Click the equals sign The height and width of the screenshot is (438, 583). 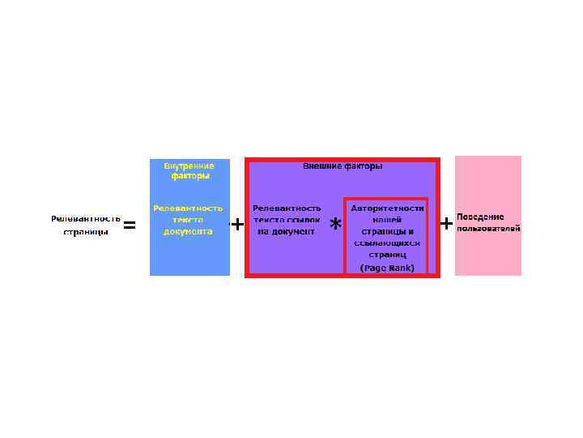[x=129, y=225]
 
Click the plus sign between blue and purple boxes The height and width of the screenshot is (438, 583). [x=237, y=224]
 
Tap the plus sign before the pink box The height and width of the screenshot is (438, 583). [x=445, y=222]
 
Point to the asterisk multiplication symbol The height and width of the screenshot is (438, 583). [x=335, y=225]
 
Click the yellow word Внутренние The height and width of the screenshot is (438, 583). [x=189, y=165]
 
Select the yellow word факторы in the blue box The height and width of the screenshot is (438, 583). [x=189, y=176]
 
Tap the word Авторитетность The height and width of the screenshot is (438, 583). [x=387, y=208]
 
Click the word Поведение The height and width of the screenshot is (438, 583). [x=480, y=217]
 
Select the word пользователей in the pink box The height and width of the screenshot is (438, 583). [x=488, y=229]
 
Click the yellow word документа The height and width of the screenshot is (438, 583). [x=188, y=231]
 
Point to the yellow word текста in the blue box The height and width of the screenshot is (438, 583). [x=188, y=220]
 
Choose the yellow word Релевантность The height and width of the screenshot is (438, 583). [x=188, y=208]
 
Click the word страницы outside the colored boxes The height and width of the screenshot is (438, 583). [x=86, y=232]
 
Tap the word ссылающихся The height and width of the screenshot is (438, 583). [x=387, y=243]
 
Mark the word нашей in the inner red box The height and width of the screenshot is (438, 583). [x=387, y=220]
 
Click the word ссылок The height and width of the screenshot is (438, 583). [x=304, y=220]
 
